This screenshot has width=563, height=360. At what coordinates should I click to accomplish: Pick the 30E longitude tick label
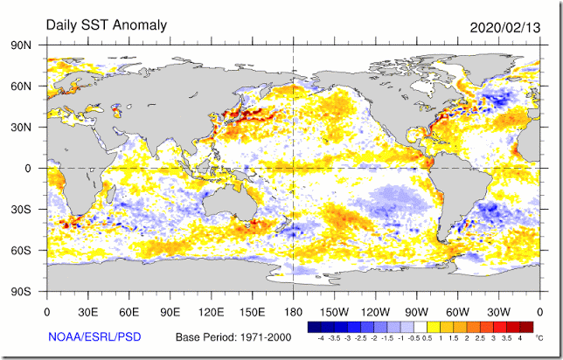[x=87, y=310]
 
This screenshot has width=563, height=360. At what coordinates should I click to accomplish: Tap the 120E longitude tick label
[x=211, y=310]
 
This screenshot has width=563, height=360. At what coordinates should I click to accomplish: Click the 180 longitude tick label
[x=293, y=310]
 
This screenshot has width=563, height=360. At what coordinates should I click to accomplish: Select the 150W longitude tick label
[x=334, y=310]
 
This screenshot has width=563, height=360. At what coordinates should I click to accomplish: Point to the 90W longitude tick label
[x=416, y=310]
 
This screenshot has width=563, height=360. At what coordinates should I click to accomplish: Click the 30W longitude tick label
[x=498, y=310]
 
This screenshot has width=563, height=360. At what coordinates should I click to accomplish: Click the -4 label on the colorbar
[x=322, y=337]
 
